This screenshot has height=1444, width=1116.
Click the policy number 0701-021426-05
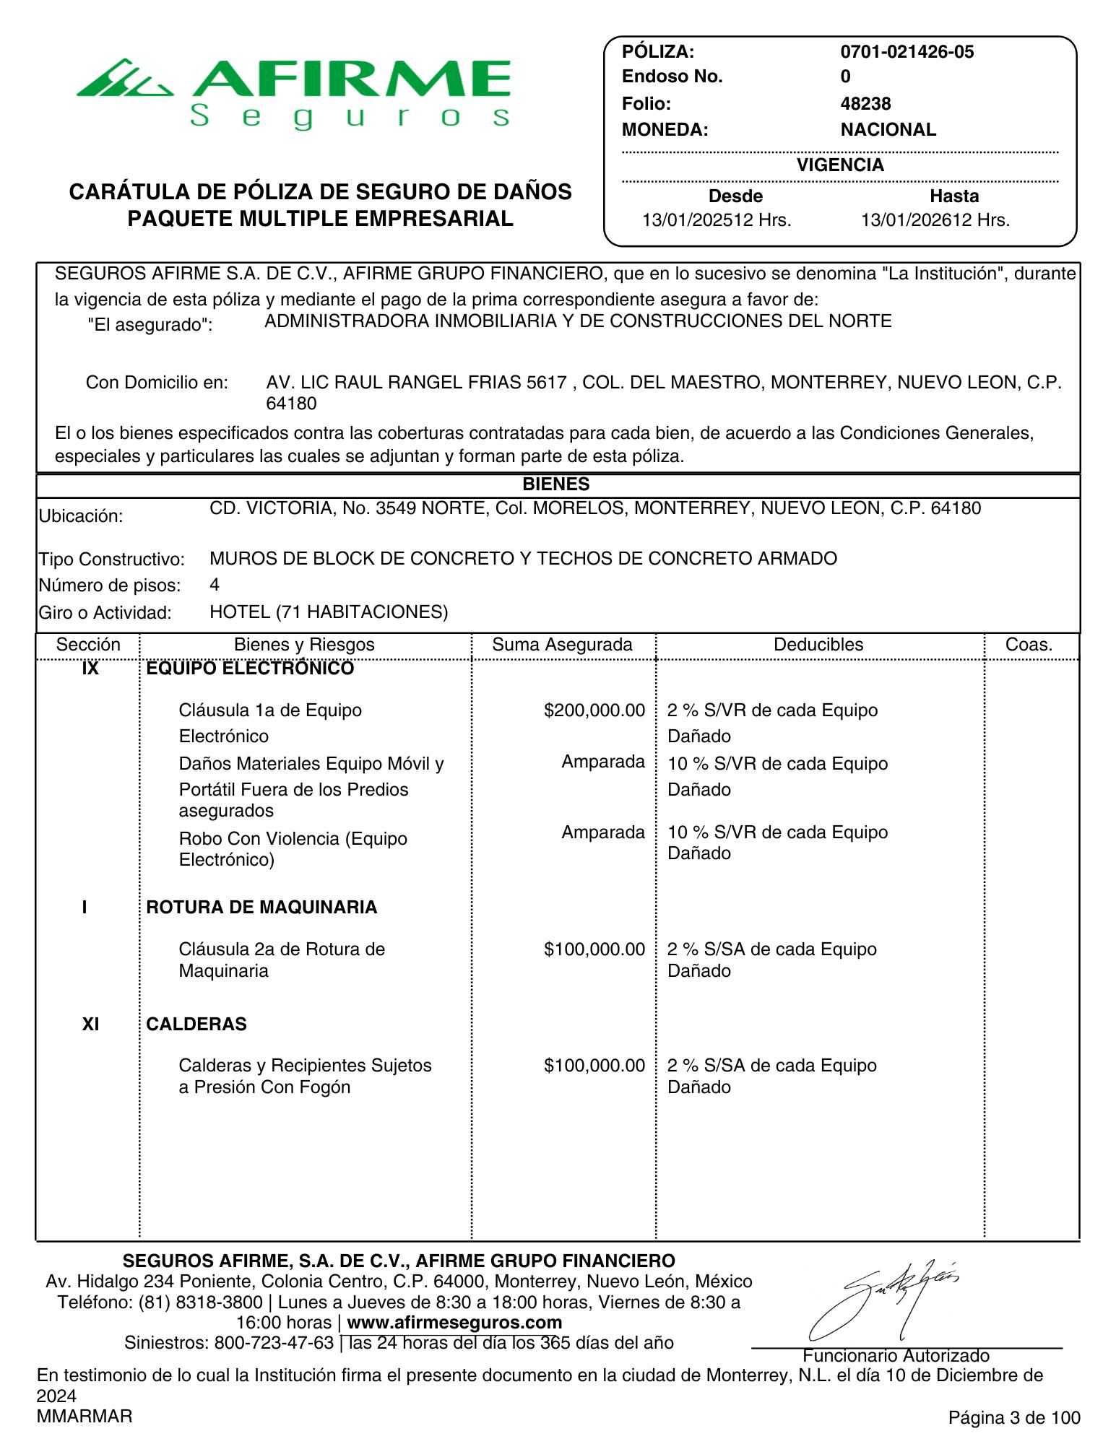(x=907, y=52)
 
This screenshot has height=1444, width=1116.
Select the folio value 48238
(x=865, y=104)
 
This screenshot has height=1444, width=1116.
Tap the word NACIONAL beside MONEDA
(x=888, y=130)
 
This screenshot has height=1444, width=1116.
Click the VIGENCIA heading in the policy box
(x=840, y=165)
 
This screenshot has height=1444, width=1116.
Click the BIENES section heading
(x=556, y=484)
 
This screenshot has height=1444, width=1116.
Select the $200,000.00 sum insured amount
(x=594, y=710)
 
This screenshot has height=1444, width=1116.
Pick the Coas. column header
(x=1029, y=645)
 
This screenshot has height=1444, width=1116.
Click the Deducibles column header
(x=818, y=645)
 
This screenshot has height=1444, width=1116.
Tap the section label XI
(x=90, y=1025)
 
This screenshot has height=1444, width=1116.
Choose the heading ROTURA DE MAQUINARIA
(x=261, y=908)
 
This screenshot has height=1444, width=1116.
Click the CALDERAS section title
(x=196, y=1025)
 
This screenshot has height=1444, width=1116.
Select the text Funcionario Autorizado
(x=896, y=1356)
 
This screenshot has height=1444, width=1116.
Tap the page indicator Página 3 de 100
(x=1014, y=1418)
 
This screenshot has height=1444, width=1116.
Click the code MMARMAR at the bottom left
(x=85, y=1417)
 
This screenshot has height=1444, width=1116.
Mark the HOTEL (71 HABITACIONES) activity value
(x=329, y=613)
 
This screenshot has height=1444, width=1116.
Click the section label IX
(x=90, y=669)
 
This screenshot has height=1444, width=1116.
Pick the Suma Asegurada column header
(x=562, y=645)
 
